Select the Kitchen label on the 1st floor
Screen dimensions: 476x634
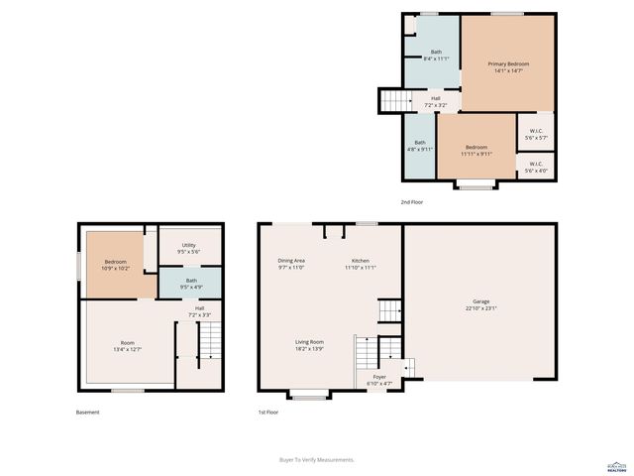click(361, 264)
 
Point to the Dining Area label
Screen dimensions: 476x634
click(291, 264)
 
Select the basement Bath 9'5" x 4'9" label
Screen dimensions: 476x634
click(190, 284)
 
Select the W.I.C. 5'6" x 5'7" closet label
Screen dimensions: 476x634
click(536, 133)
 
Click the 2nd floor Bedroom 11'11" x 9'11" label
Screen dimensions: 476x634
click(476, 151)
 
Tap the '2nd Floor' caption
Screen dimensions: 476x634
click(413, 202)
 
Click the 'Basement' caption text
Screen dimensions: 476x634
click(88, 412)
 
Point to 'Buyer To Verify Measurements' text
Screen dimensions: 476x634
click(317, 459)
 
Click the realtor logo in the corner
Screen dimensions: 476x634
click(615, 465)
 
